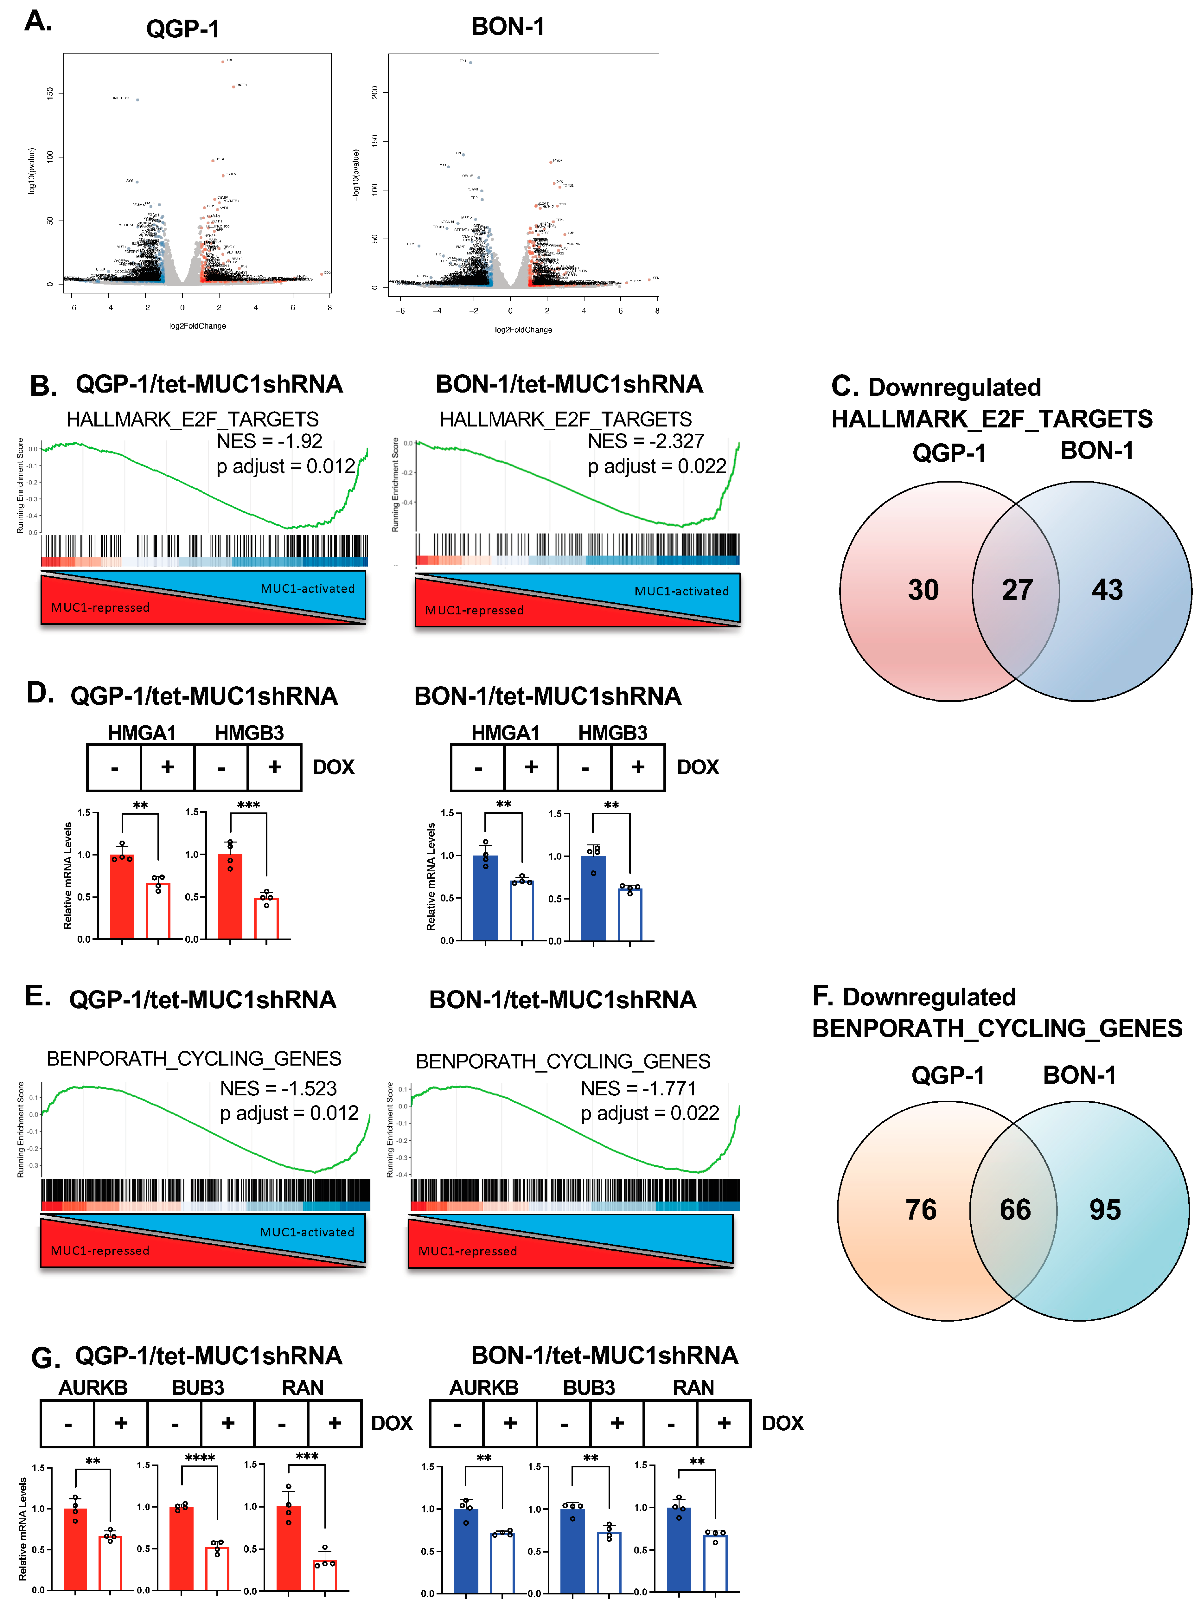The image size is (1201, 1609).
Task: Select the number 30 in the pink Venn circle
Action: click(x=923, y=590)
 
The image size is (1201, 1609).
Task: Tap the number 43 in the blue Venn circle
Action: click(x=1107, y=590)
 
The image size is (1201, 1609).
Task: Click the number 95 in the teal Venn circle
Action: click(x=1104, y=1209)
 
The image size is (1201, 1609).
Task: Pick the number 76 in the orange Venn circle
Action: click(x=920, y=1209)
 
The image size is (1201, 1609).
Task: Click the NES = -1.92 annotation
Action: click(x=269, y=441)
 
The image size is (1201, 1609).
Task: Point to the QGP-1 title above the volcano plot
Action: click(x=182, y=29)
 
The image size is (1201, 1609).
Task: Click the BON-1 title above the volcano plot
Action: click(x=508, y=27)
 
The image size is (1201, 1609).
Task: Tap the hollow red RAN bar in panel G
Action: click(x=324, y=1575)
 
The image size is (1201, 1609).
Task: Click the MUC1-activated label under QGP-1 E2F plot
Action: click(x=308, y=588)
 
